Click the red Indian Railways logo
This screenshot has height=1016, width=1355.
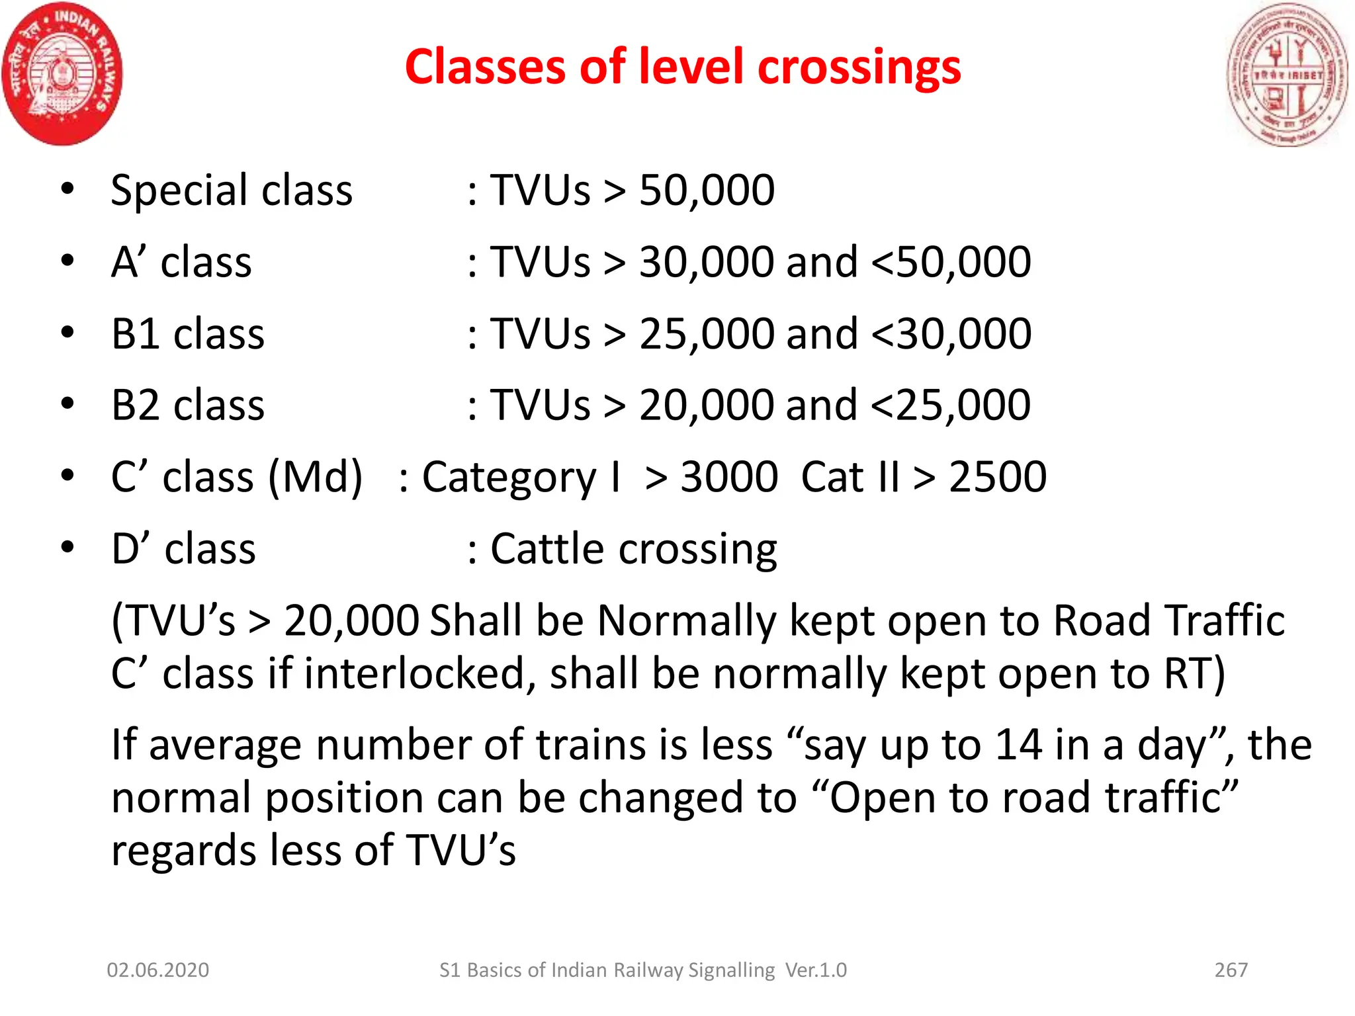pos(62,73)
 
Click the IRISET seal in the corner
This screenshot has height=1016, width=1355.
pos(1286,74)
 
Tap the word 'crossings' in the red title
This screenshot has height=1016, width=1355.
pos(859,67)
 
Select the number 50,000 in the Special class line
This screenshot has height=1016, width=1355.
pos(707,190)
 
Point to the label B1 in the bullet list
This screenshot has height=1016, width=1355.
pos(135,333)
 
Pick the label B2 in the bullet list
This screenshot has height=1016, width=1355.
pos(135,405)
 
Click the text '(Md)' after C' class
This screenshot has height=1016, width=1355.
pos(315,477)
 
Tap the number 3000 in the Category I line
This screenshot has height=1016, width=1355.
pos(729,477)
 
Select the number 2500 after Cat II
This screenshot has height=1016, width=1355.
pos(998,477)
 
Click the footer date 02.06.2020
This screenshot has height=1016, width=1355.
pos(158,970)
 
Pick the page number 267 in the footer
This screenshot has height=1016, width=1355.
pos(1231,970)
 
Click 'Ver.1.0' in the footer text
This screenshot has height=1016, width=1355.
pos(816,970)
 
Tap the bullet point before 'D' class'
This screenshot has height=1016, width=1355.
pos(67,547)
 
